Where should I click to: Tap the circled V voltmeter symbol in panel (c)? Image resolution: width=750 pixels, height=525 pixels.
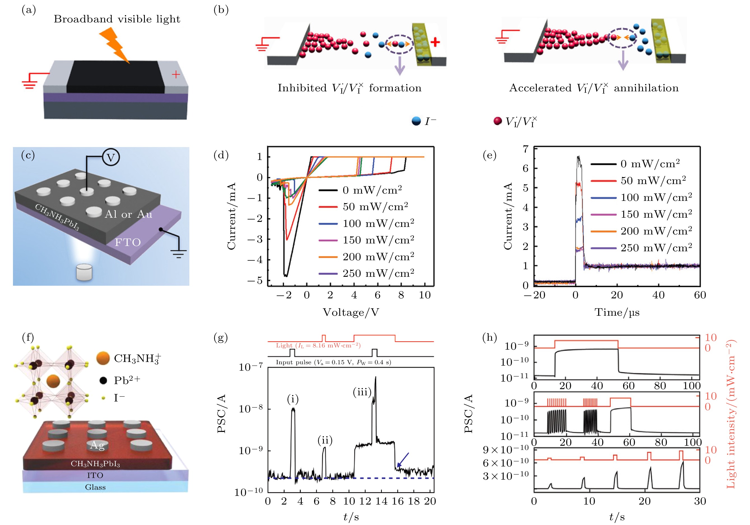click(x=111, y=157)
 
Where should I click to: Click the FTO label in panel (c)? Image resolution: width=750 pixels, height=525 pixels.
click(x=128, y=242)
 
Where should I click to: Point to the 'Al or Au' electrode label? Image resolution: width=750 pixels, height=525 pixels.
click(x=128, y=214)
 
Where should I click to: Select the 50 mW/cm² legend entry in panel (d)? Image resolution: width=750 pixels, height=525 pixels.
click(x=375, y=206)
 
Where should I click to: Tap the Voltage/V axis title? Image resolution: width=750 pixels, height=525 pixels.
click(x=351, y=312)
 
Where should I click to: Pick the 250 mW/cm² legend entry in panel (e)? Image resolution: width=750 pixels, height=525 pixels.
click(x=656, y=248)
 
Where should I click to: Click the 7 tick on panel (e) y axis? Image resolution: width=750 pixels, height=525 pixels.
click(x=526, y=149)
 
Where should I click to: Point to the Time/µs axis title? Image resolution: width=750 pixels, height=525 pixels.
click(x=617, y=312)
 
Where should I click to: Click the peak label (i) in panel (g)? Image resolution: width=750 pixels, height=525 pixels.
click(x=293, y=399)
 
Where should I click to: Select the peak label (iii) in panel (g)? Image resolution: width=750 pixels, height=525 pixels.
click(x=362, y=392)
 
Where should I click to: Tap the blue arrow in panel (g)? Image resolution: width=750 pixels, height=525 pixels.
click(x=403, y=460)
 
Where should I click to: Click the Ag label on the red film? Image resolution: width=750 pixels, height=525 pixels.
click(x=97, y=445)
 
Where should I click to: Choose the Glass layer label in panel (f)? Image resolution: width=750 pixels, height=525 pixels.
click(x=95, y=487)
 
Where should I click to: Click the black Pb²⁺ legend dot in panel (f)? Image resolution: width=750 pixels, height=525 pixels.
click(x=103, y=380)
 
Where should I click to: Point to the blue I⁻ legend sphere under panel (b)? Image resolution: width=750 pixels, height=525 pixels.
click(x=416, y=121)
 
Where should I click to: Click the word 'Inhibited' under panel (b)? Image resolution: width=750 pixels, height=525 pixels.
click(x=302, y=88)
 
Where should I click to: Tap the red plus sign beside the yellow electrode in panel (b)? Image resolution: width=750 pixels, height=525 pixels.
click(x=435, y=42)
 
